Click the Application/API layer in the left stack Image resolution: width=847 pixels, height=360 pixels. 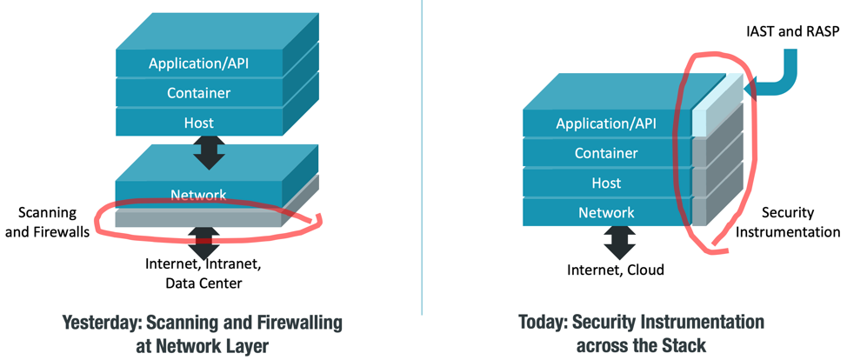click(x=199, y=63)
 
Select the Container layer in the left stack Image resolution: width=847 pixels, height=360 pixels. click(x=199, y=93)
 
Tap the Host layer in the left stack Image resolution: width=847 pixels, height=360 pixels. click(x=199, y=123)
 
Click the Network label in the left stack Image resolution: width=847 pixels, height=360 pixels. click(x=199, y=195)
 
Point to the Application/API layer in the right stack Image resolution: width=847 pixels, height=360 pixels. click(x=606, y=123)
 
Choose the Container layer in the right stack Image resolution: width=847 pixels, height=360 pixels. click(x=606, y=153)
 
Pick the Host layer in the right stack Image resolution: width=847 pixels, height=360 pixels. click(x=606, y=183)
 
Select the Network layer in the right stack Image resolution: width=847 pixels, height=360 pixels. click(x=606, y=212)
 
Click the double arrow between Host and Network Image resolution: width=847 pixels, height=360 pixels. click(x=209, y=152)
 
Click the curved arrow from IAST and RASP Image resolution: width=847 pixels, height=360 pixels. click(x=781, y=78)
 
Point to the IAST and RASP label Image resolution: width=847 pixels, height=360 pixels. click(x=792, y=31)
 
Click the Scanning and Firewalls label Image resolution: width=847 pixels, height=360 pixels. click(x=48, y=222)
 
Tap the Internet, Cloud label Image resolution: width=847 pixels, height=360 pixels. click(x=615, y=270)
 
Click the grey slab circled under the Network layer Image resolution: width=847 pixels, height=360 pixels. click(x=199, y=218)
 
